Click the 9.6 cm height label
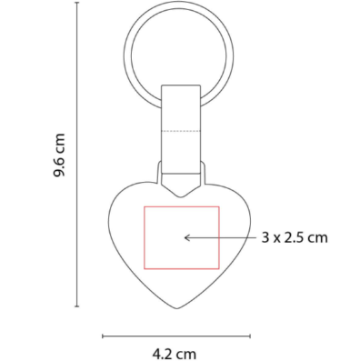pos(59,155)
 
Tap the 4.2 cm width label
pos(175,354)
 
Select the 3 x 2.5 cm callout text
pos(295,237)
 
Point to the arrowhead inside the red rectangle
pos(186,237)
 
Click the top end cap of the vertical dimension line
pos(77,3)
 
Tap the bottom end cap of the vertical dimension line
pos(77,306)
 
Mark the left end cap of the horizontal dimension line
pos(103,336)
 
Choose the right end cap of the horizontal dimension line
pos(250,336)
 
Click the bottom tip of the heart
pos(177,308)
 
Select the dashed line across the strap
pos(181,131)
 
